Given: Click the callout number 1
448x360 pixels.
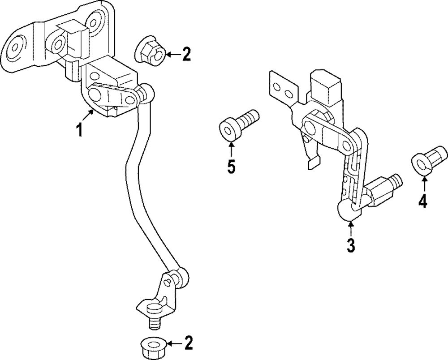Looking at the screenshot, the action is pos(79,130).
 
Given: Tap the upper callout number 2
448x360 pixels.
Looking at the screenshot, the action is pos(186,54).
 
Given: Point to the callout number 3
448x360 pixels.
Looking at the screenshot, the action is pos(350,245).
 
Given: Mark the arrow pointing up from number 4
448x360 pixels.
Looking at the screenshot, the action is pos(424,183).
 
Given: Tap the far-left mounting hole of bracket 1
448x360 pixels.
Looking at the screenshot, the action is pos(13,47).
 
